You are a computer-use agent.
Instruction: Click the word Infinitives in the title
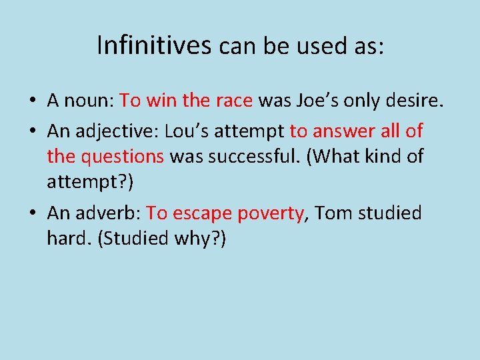154,46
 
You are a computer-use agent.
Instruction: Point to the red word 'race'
233,101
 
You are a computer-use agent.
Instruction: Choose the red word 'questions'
123,157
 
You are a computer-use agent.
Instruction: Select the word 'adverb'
106,213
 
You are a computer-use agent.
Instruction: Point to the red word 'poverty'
271,213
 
